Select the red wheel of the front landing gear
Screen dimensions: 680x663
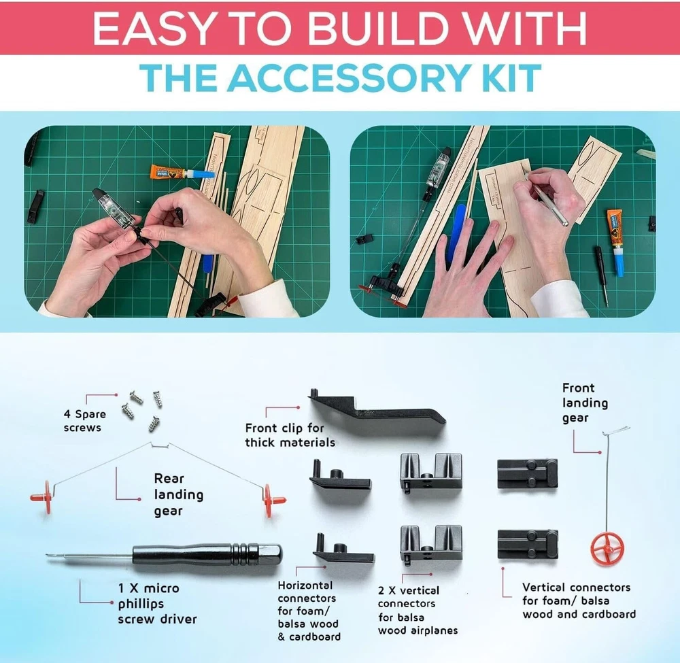point(607,548)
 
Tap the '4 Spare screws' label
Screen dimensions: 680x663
point(84,421)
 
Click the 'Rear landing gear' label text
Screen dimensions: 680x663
point(178,494)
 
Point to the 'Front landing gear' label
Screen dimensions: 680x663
point(585,403)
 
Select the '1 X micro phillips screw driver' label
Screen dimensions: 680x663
point(157,603)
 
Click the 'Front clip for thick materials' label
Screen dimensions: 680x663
point(290,435)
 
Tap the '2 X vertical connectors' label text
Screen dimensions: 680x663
point(408,596)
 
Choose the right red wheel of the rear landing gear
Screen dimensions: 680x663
point(273,500)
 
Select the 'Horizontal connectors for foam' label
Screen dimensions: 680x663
point(307,598)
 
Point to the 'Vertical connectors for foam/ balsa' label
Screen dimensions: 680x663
point(577,594)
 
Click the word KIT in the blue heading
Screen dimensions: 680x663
point(520,78)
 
